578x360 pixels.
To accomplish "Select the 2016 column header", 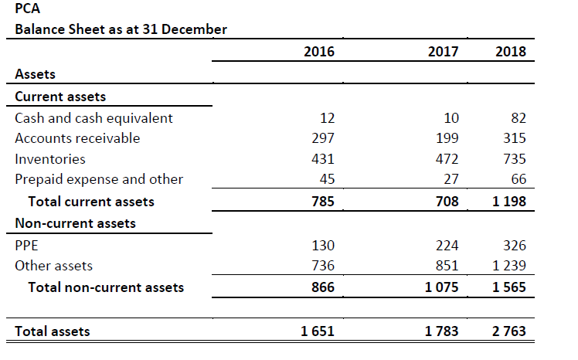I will pyautogui.click(x=319, y=52).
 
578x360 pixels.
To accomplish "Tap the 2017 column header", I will pyautogui.click(x=442, y=52).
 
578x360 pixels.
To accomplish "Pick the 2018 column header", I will pyautogui.click(x=511, y=52).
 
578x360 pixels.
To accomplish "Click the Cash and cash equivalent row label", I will pyautogui.click(x=93, y=118).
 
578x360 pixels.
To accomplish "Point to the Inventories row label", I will pyautogui.click(x=50, y=159).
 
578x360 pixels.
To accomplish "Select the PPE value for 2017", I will pyautogui.click(x=447, y=246).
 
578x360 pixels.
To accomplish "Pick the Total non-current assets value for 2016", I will pyautogui.click(x=322, y=287).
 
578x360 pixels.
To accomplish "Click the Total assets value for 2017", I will pyautogui.click(x=441, y=331).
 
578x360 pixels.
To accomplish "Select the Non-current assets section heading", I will pyautogui.click(x=75, y=223).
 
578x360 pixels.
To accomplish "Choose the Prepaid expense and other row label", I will pyautogui.click(x=99, y=179).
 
